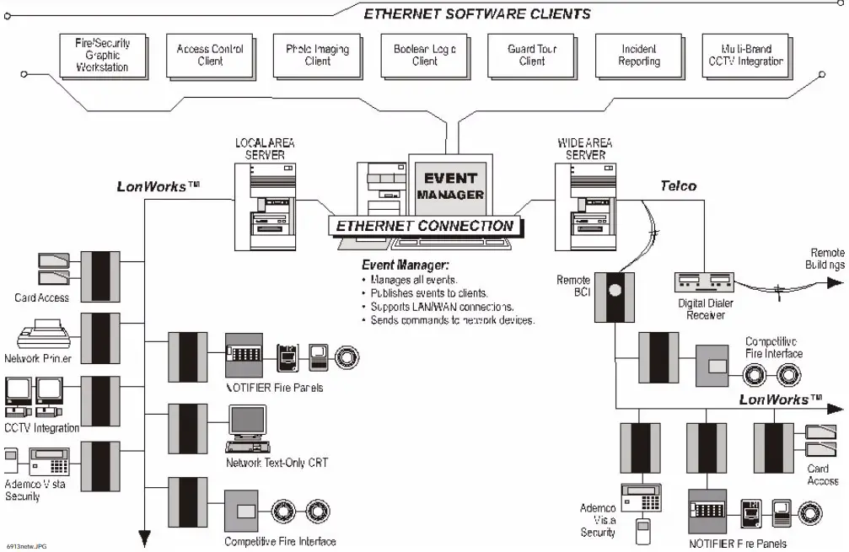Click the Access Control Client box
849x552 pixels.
click(210, 56)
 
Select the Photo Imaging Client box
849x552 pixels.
click(317, 56)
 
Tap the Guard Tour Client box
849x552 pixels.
click(531, 56)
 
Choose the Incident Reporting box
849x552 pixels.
click(638, 56)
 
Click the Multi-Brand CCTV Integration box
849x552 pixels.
click(745, 56)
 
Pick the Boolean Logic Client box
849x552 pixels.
click(424, 56)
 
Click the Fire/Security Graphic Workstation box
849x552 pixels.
click(102, 56)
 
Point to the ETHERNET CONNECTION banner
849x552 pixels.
click(424, 226)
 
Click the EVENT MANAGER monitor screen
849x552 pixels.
click(451, 186)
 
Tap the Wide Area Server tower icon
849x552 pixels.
click(581, 201)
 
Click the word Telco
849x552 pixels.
click(677, 185)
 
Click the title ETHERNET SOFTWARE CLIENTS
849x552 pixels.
click(476, 14)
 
